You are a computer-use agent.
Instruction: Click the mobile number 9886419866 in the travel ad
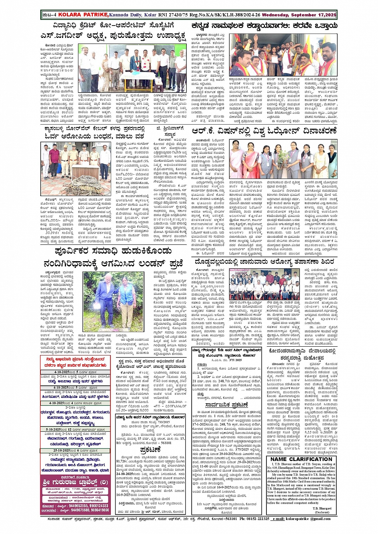[99, 510]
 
